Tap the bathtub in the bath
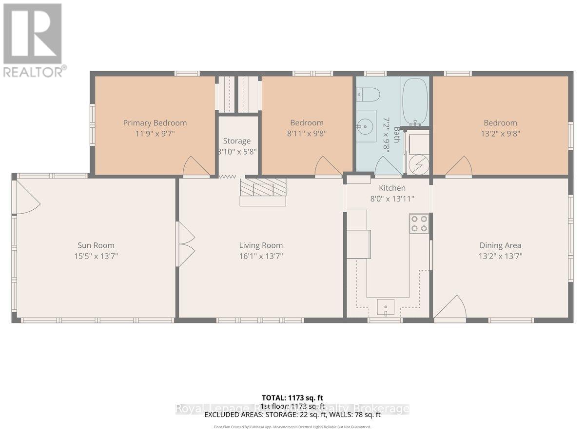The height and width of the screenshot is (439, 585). tap(415, 101)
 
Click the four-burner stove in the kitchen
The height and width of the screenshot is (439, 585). tap(419, 223)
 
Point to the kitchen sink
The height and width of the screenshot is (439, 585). tap(386, 307)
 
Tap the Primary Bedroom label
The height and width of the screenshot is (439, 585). tap(155, 123)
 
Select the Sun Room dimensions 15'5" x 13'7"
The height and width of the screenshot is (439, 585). tap(96, 256)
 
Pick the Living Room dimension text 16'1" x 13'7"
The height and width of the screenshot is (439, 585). tap(261, 256)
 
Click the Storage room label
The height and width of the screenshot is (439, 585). tap(237, 141)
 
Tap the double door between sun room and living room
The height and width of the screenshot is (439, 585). tap(186, 244)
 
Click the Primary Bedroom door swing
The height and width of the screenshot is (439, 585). tap(195, 167)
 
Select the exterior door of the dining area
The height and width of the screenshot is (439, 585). tap(449, 308)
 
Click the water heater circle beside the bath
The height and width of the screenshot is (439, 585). tap(418, 163)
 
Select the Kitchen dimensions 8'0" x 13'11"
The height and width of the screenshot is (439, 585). tap(392, 199)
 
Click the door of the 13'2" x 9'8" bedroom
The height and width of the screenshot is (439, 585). tap(458, 167)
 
